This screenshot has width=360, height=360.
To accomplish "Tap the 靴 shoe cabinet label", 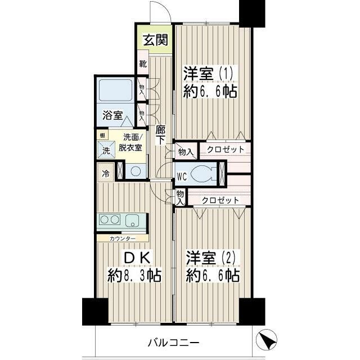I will pyautogui.click(x=143, y=64).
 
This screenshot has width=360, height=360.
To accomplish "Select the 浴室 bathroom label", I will pyautogui.click(x=112, y=115).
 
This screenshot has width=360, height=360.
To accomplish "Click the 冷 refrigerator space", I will pyautogui.click(x=105, y=174).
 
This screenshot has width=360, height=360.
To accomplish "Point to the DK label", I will pyautogui.click(x=136, y=257).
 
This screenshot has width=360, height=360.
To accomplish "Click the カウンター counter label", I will pyautogui.click(x=122, y=238).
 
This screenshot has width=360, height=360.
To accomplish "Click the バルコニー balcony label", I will pyautogui.click(x=174, y=342).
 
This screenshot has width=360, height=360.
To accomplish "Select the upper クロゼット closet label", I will pyautogui.click(x=225, y=150).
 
